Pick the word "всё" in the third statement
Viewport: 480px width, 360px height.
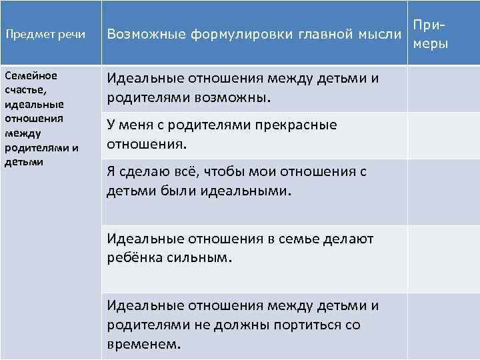[186, 172]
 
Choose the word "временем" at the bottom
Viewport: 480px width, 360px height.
[141, 345]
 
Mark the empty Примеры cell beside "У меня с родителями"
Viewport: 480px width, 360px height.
[443, 135]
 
